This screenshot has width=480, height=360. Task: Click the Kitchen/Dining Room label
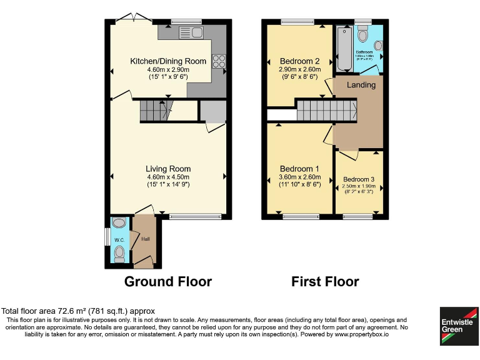coord(167,61)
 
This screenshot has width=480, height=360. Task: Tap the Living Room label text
coord(168,169)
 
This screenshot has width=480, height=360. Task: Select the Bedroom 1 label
coord(299,169)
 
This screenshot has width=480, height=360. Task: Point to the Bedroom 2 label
coord(299,61)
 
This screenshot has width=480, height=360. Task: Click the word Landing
coord(361,84)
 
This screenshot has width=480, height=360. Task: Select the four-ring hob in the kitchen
coord(219,61)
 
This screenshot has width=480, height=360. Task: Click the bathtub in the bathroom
coord(343,49)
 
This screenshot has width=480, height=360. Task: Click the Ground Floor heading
coord(168,282)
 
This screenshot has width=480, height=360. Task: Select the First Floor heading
coord(325,282)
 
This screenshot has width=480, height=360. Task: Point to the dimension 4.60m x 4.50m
coord(168,177)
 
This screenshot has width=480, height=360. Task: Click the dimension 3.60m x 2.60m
coord(299,177)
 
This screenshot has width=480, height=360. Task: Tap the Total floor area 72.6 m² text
coord(78,311)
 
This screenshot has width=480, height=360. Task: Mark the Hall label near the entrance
coord(145,239)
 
